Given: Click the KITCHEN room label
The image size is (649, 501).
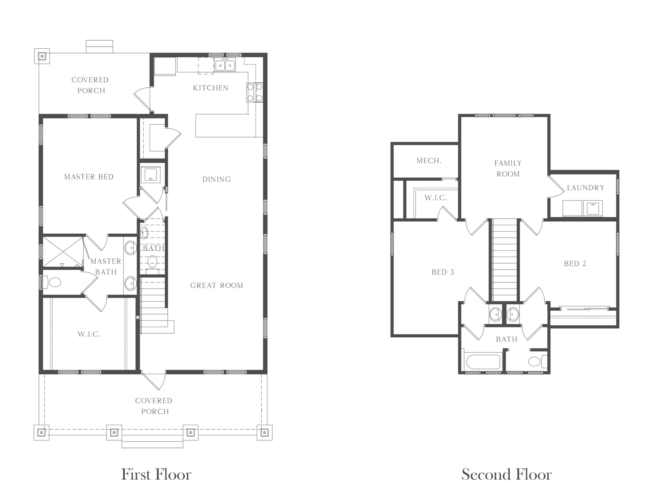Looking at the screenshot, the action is click(x=211, y=88).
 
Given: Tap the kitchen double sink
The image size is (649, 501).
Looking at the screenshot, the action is click(x=225, y=65).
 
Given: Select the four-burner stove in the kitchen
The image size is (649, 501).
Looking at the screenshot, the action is click(x=255, y=92).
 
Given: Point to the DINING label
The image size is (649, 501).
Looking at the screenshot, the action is click(x=217, y=179).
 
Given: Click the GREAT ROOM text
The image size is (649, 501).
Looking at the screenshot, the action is click(x=217, y=285).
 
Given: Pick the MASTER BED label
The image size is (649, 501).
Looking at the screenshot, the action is click(x=89, y=177).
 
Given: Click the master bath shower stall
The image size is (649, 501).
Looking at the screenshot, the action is click(x=63, y=252).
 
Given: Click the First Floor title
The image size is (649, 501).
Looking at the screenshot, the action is click(x=156, y=474).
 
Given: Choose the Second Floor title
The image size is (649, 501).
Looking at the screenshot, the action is click(x=507, y=474).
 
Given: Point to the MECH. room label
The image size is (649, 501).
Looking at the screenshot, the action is click(x=429, y=161).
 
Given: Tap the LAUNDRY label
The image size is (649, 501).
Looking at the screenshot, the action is click(x=586, y=188).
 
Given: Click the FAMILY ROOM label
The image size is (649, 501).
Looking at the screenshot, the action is click(x=508, y=168).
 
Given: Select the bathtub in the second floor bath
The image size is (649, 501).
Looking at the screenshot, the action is click(x=483, y=362).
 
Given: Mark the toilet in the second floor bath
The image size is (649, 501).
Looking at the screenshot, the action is click(x=537, y=361).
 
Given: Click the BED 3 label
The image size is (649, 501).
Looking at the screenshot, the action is click(x=443, y=272).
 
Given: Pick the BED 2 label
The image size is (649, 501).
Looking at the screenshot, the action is click(x=575, y=264).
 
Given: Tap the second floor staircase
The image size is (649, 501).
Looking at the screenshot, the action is click(x=504, y=260).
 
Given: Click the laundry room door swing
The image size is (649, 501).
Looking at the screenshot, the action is click(x=556, y=186).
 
